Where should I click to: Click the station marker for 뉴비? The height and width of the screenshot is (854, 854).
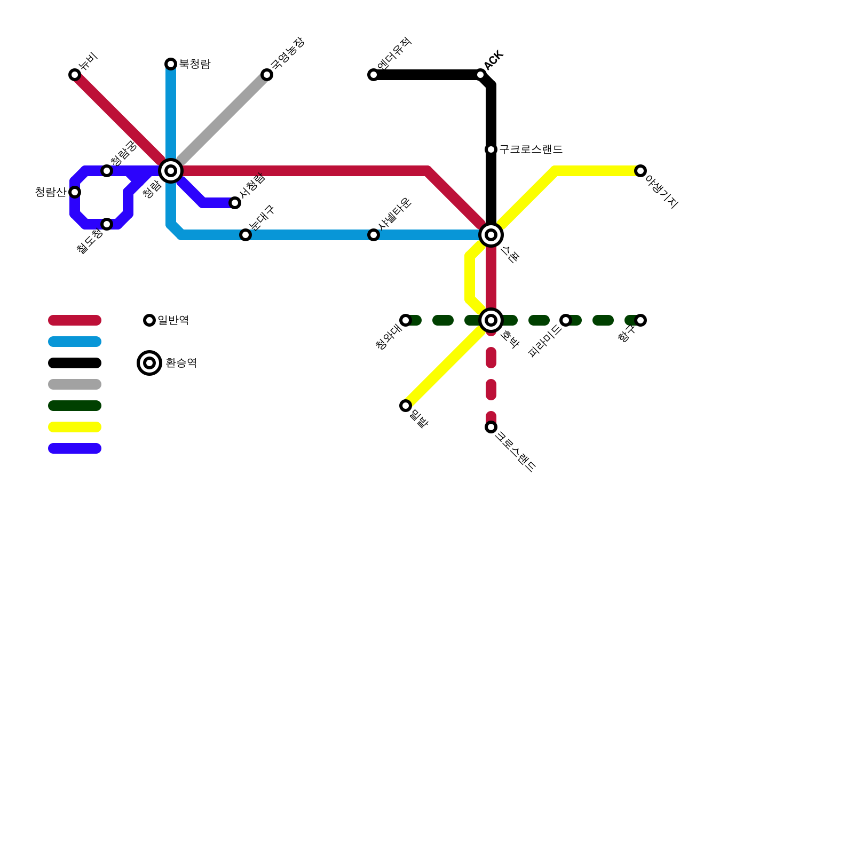coord(75,75)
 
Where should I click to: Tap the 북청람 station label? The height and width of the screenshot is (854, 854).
coord(194,64)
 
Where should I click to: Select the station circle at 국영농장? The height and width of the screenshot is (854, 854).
coord(267,75)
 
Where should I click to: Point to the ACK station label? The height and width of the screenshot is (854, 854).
coord(494,60)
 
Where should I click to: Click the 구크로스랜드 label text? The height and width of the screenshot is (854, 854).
coord(531,149)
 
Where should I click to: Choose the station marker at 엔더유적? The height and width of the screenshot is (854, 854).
coord(374,75)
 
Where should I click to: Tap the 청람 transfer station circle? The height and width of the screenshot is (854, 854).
coord(171,171)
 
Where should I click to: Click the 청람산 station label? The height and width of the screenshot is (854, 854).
coord(50,192)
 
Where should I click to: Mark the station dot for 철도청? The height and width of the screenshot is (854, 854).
coord(107,224)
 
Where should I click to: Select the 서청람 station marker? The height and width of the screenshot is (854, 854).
coord(235,203)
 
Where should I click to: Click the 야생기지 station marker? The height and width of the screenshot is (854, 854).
coord(640,171)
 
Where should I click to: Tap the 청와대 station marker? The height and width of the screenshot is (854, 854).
coord(406,320)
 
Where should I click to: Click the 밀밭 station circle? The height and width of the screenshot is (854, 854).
coord(406,406)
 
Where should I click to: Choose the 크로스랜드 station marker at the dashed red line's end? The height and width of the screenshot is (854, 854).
coord(491,427)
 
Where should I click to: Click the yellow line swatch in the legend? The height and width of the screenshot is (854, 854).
coord(75,427)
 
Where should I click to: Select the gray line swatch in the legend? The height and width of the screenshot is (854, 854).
coord(75,384)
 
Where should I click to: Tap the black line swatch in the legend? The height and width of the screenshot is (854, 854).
coord(75,363)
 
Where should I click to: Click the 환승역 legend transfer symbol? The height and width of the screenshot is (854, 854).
coord(149,363)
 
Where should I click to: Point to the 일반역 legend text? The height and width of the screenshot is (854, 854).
coord(173,320)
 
